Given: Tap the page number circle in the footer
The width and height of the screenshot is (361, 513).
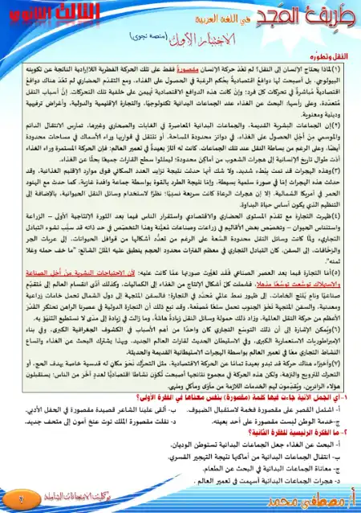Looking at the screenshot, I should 15,503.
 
